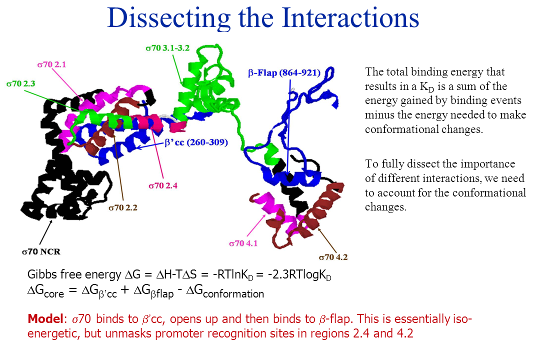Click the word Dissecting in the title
(x=168, y=18)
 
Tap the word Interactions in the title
(x=350, y=17)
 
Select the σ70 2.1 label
(x=51, y=64)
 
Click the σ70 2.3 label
(x=20, y=83)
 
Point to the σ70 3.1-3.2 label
(x=167, y=48)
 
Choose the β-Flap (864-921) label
(x=284, y=73)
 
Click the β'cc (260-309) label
(x=196, y=142)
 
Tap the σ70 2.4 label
(x=163, y=185)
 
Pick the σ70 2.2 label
(x=123, y=207)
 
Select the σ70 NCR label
(x=41, y=252)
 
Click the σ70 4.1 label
(x=243, y=243)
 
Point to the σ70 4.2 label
(x=333, y=257)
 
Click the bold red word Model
(x=45, y=318)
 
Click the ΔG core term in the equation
(x=45, y=291)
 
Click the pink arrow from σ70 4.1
(x=256, y=226)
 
